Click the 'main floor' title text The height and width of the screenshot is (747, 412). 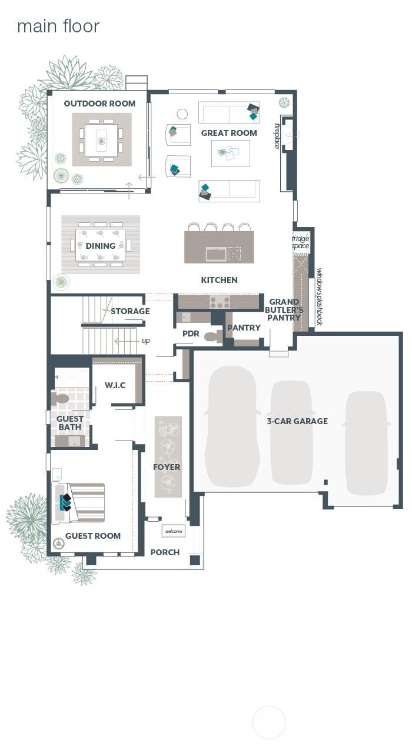point(58,26)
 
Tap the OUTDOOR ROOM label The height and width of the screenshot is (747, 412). point(99,104)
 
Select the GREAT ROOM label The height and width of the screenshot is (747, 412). point(229,133)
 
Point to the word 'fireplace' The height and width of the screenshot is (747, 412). point(276,136)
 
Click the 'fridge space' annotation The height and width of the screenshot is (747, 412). point(300,242)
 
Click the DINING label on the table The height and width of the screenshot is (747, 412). point(101,246)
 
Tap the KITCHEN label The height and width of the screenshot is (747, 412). point(219,280)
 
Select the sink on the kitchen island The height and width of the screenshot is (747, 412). point(215,254)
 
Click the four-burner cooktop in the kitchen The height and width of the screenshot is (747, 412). point(220,302)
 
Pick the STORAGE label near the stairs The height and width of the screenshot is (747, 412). point(130,311)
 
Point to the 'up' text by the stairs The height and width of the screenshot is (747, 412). point(145,341)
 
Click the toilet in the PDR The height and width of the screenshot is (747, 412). point(212,337)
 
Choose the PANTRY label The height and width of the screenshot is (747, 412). point(244,328)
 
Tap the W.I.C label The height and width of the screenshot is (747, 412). point(115,385)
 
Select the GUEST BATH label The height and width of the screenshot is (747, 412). point(70,423)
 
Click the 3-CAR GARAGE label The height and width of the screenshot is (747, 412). point(297,421)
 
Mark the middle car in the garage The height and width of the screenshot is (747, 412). point(291,432)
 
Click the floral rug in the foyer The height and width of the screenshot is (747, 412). point(168,456)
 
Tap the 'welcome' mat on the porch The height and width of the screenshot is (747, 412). point(174,531)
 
